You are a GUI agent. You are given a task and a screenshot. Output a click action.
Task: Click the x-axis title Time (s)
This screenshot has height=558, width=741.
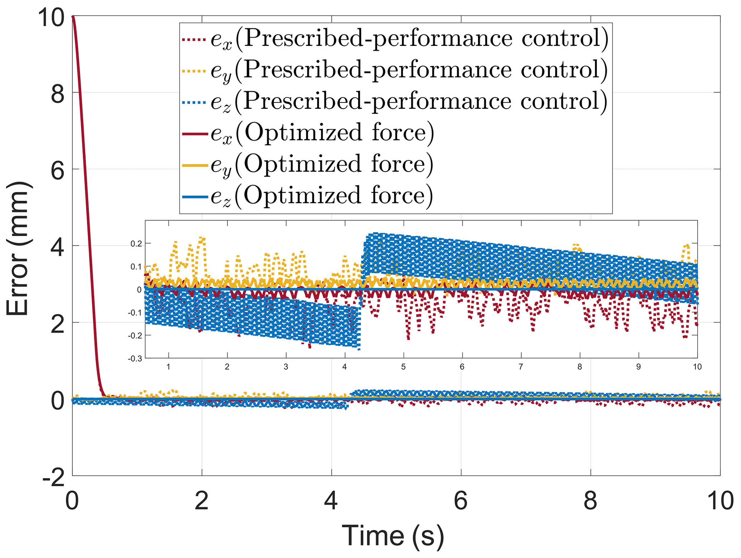coord(393,536)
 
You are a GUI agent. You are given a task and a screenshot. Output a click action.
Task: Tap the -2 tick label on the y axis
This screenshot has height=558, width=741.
coord(54,477)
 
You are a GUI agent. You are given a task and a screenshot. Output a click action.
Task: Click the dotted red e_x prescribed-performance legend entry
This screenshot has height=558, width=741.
coord(394,39)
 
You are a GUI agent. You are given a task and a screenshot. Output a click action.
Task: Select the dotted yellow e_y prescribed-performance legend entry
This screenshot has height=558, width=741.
coord(394,70)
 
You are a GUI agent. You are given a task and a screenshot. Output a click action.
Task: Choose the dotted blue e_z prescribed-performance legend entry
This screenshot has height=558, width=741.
coord(394,101)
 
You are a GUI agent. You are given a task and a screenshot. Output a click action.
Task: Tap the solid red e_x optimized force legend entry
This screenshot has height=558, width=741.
coord(308,133)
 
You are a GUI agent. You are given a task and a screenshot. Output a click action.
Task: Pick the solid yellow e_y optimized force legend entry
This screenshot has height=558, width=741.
coord(308,164)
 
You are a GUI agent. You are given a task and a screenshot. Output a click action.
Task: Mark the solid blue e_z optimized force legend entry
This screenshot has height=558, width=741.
coord(308,196)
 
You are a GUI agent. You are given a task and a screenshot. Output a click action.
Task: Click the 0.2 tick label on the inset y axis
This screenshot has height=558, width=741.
coord(136,244)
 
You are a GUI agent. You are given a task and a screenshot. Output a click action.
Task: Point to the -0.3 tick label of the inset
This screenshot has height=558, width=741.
coord(135,359)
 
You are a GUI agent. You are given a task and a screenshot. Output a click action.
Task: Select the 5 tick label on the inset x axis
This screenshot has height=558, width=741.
coord(403,367)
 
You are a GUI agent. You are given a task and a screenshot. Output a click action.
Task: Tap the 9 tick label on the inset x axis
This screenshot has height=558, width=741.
coord(638,367)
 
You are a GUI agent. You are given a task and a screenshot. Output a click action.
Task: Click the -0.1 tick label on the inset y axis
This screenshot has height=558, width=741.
coord(135,313)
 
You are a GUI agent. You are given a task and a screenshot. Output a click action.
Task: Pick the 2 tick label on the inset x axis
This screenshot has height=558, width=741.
coord(227,367)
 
